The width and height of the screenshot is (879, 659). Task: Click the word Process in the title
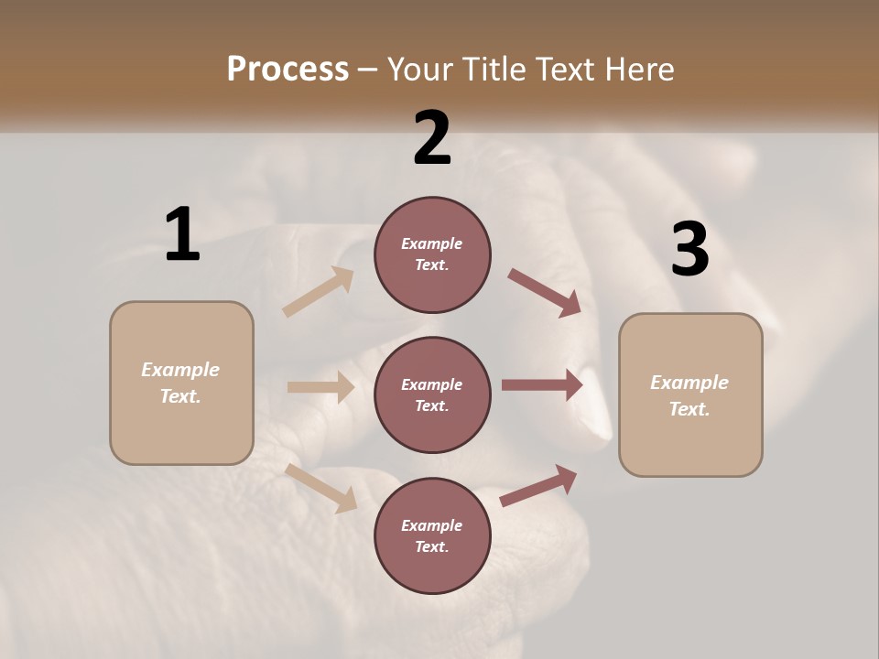point(288,70)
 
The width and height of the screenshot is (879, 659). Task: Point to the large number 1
point(182,235)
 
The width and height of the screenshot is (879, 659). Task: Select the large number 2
point(432,138)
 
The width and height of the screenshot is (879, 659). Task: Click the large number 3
point(689,249)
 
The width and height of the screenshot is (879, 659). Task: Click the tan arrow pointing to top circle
point(319,292)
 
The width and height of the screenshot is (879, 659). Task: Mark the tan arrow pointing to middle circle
point(320,387)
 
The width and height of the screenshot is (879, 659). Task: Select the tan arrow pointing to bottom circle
point(321,487)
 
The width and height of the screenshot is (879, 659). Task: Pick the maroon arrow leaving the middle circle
point(542,385)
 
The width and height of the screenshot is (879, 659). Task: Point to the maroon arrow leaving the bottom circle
point(538,485)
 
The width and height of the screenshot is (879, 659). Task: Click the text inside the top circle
point(432,254)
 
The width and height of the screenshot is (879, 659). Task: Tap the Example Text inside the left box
point(180,383)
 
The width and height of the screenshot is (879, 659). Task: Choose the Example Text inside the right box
point(689,395)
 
